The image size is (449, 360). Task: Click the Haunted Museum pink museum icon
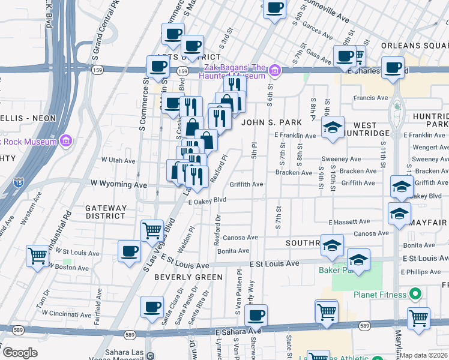point(275,71)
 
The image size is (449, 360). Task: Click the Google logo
point(19,353)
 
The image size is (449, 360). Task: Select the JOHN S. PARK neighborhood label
point(271,122)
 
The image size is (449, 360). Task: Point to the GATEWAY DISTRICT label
point(106,212)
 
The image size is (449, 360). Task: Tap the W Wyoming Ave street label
point(118,184)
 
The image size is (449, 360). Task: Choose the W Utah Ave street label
point(118,160)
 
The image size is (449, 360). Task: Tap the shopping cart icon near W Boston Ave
point(37,256)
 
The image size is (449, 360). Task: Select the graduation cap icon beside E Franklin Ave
point(333,127)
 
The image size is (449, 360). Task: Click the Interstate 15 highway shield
point(20,179)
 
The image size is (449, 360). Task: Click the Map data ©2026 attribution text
point(424,355)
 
